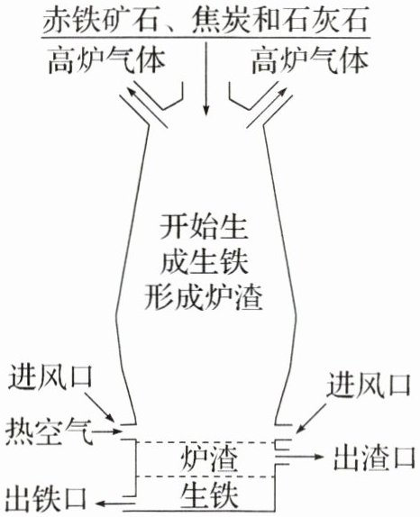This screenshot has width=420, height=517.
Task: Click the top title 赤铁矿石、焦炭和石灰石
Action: point(205,20)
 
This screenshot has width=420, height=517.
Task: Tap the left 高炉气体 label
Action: point(107,61)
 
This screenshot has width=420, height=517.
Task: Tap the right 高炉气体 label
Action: point(310,61)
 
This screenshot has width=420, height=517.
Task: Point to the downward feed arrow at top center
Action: point(206,78)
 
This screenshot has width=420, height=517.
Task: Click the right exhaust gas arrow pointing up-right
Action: point(267,104)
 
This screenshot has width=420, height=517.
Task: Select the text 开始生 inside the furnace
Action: point(203,227)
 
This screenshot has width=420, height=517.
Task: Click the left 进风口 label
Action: point(50,376)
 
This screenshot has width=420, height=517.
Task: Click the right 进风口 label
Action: point(369,385)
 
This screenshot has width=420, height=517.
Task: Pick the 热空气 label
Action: point(50,431)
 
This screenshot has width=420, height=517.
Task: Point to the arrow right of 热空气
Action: point(106,431)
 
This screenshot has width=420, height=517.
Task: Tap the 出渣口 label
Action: point(374,458)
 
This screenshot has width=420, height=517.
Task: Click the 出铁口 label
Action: point(46,498)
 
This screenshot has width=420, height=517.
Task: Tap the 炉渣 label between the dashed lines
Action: point(209,459)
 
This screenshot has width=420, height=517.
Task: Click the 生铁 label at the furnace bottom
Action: point(209,494)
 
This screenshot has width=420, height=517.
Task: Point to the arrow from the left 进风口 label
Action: point(100,406)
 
